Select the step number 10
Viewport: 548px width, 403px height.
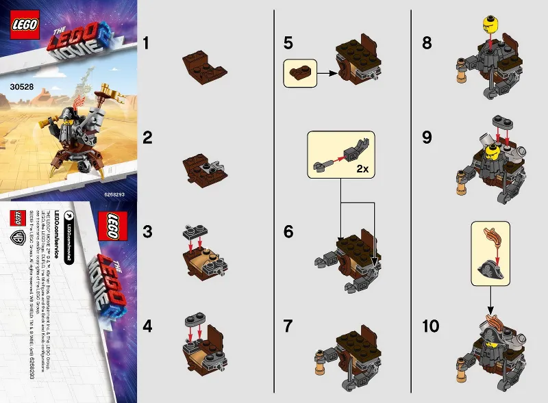click(431, 326)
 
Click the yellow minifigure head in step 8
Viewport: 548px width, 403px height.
click(490, 24)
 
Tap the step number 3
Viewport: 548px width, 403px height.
click(145, 233)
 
